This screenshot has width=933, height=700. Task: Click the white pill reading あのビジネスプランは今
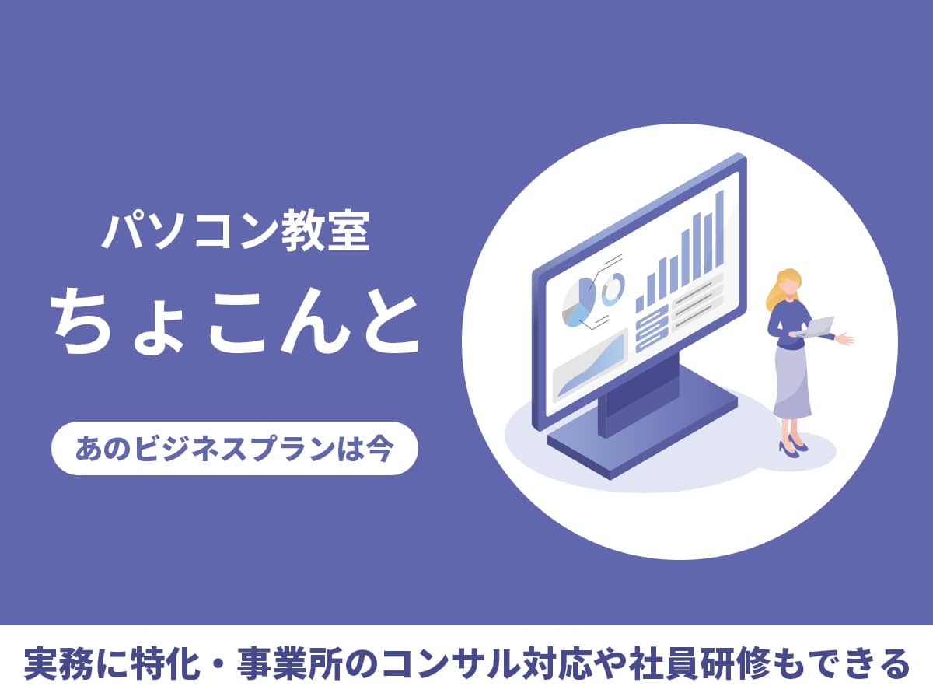tap(234, 448)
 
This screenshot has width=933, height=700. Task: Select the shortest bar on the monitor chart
tap(640, 304)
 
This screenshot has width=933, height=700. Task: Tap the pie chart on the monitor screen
tap(578, 299)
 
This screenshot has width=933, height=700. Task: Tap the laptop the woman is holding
tap(816, 327)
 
